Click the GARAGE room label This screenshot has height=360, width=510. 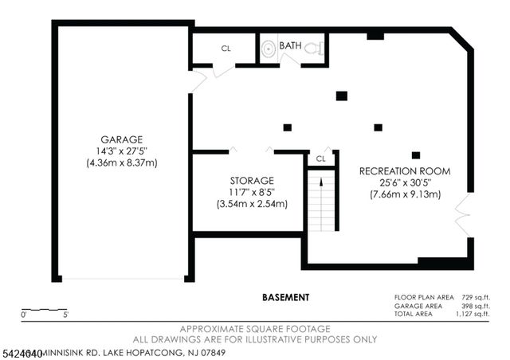(122, 138)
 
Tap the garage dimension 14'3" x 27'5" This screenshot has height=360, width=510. (122, 150)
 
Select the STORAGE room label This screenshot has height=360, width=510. (252, 181)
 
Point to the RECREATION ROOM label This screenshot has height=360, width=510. (405, 171)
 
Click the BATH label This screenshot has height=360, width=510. (290, 46)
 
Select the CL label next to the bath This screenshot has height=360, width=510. (226, 49)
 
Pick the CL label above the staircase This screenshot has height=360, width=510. (320, 158)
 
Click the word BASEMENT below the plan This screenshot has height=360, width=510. (285, 297)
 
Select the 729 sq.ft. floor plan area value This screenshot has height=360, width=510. (473, 297)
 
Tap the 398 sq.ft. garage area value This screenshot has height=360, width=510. (473, 306)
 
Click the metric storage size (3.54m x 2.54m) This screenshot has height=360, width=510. (252, 204)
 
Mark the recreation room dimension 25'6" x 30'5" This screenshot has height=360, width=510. (405, 183)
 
